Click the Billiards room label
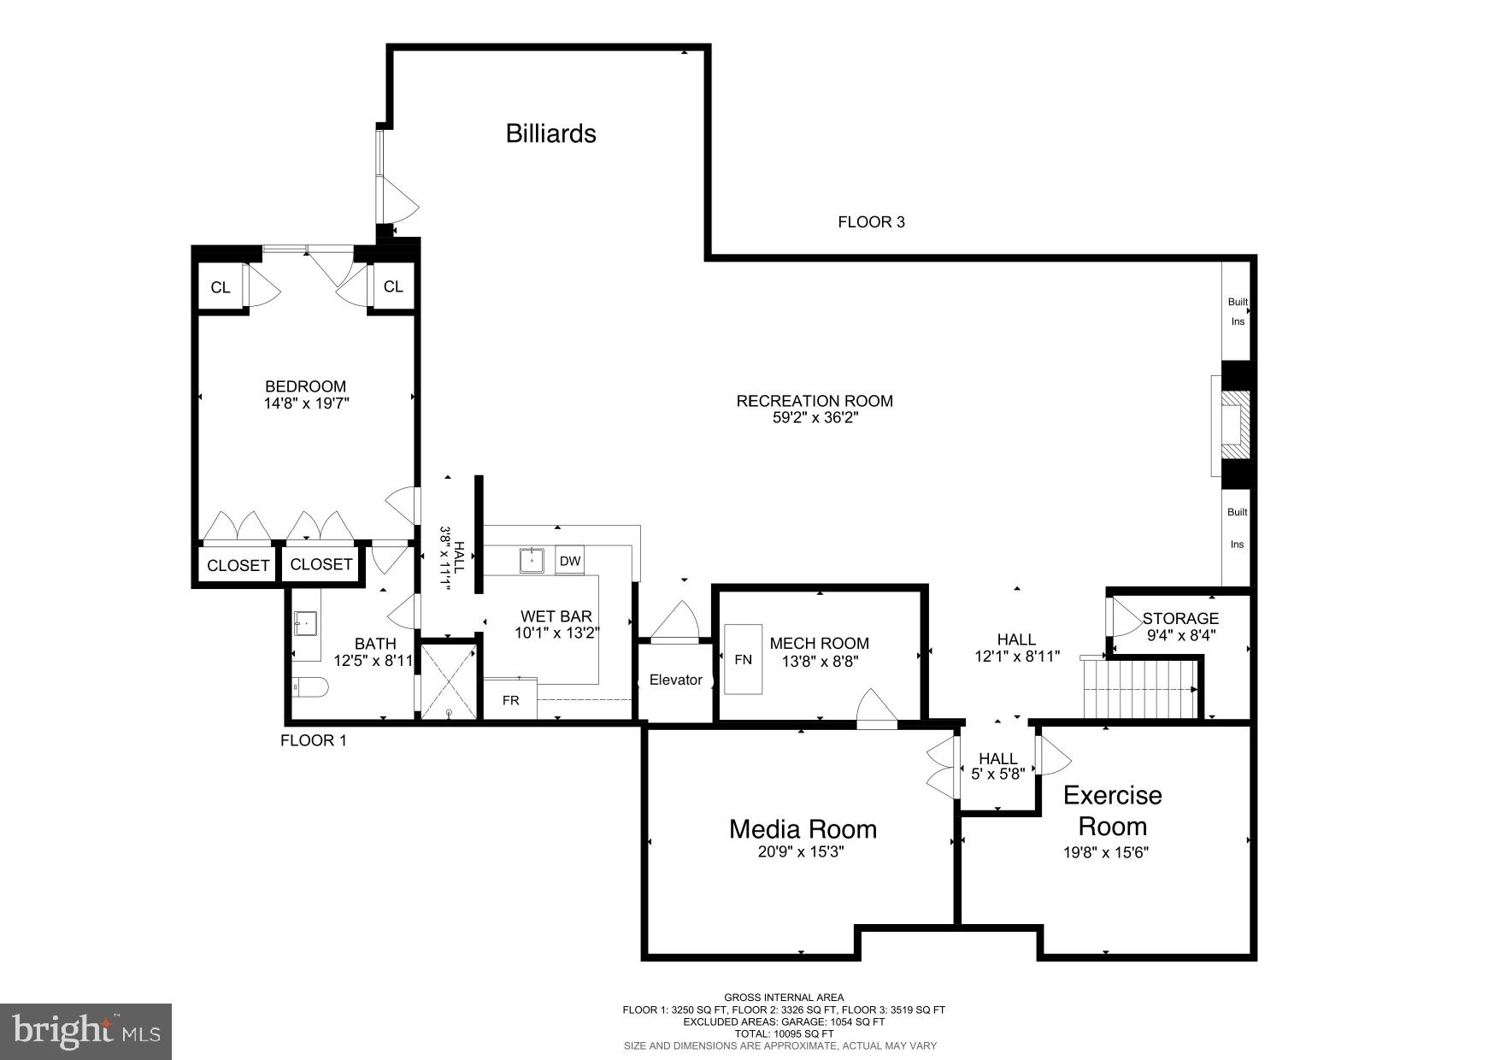550,133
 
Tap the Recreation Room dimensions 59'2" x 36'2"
815,419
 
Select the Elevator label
675,680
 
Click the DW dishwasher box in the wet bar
570,561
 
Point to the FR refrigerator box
510,700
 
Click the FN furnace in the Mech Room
743,659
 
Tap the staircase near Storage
1140,689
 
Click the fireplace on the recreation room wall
1232,425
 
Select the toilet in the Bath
309,686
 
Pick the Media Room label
803,828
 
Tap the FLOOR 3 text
871,222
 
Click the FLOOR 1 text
314,740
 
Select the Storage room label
1180,618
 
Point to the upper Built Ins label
1237,311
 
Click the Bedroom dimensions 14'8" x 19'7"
306,403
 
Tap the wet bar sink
532,560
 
